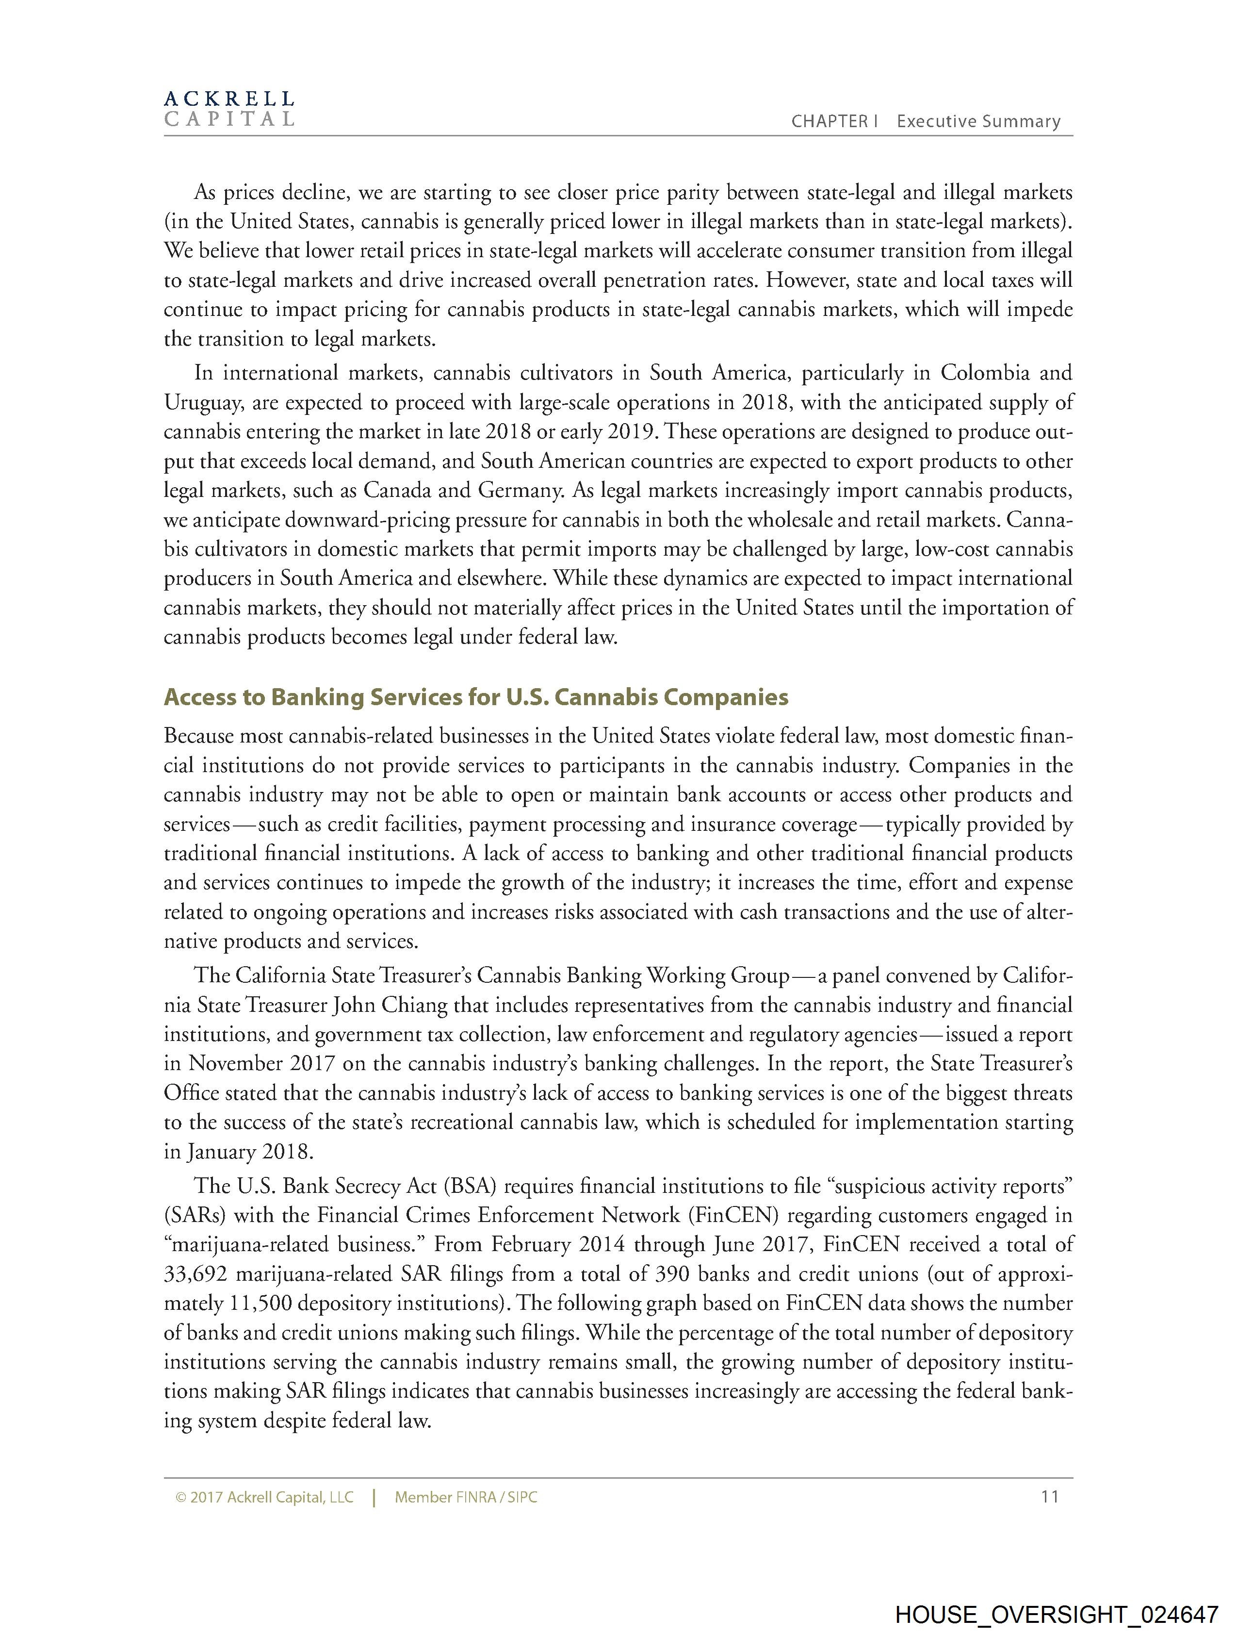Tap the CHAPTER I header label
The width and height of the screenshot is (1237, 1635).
833,122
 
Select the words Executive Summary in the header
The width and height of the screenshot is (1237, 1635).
978,122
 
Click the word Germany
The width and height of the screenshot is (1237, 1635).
517,491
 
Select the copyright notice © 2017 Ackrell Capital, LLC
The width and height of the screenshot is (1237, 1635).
264,1498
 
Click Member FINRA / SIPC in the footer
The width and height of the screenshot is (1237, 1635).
466,1498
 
